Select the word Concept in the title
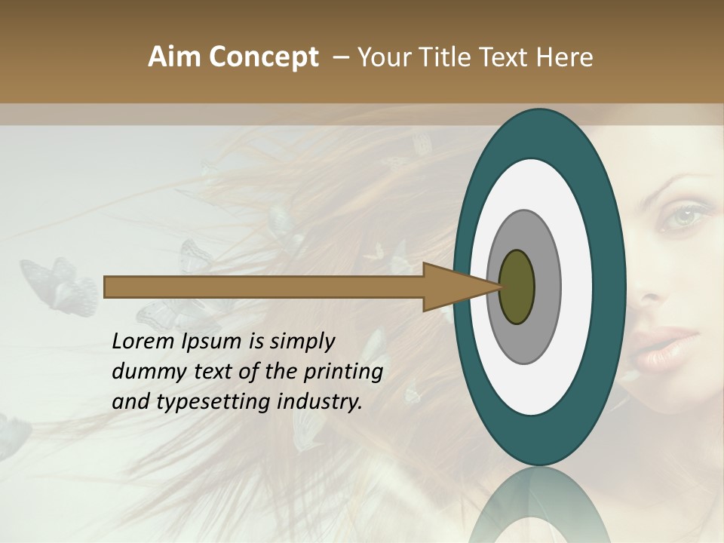click(264, 57)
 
